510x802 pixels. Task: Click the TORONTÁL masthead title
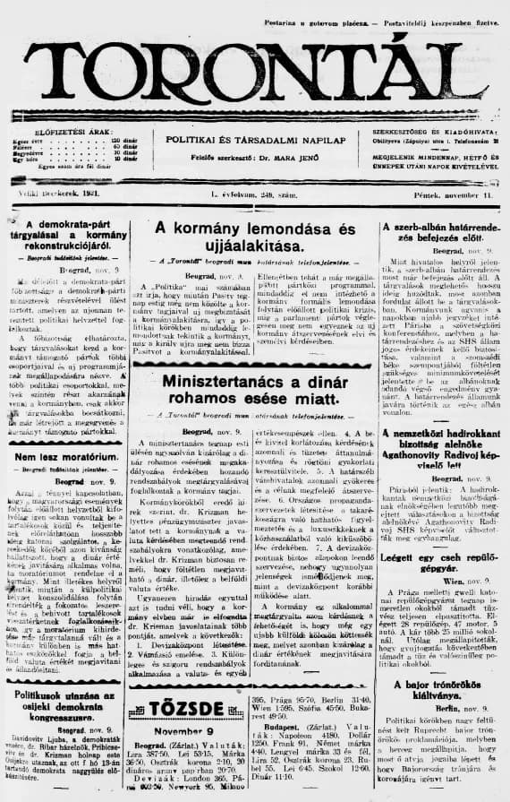click(255, 71)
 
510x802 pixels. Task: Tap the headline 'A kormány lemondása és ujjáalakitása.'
click(255, 238)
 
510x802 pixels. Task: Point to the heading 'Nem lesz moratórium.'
click(62, 458)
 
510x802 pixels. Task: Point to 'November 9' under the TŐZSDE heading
click(189, 704)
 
